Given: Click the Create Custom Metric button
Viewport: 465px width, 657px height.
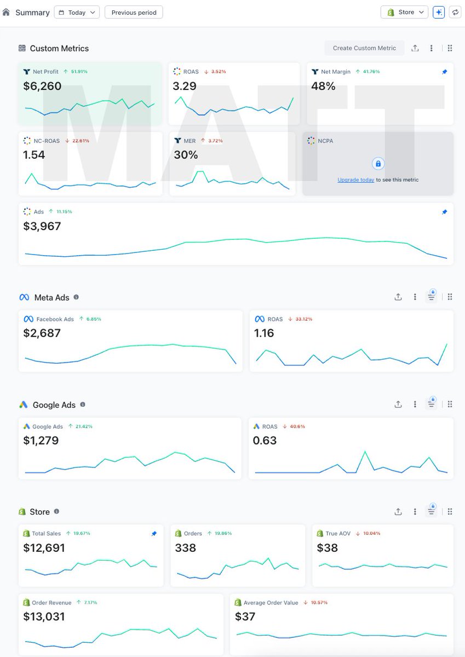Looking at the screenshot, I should click(x=364, y=48).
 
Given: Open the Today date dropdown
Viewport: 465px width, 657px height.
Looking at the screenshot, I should click(x=77, y=13).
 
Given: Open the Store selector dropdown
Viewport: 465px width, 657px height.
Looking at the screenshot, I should click(x=404, y=12).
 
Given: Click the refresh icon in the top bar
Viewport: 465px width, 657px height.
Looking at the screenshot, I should click(x=455, y=12).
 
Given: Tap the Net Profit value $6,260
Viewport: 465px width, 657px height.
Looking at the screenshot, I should click(x=42, y=86).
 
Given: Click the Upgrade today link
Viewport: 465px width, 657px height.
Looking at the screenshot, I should click(x=355, y=180).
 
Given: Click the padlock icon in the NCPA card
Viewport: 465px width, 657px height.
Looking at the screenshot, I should click(x=378, y=164).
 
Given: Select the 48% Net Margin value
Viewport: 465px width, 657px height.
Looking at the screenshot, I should click(x=323, y=86).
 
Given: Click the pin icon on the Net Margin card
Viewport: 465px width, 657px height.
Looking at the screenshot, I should click(x=444, y=72).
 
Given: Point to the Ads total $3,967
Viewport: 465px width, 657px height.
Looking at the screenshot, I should click(x=42, y=226).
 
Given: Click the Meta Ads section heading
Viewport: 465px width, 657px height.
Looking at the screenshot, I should click(x=51, y=297).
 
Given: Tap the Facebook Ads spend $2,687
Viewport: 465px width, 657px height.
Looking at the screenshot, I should click(x=42, y=333).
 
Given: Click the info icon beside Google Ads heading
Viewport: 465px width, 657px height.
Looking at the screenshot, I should click(x=83, y=405).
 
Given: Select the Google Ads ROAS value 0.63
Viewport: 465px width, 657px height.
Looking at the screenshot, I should click(x=265, y=440).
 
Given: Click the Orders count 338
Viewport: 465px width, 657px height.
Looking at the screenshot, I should click(x=186, y=547).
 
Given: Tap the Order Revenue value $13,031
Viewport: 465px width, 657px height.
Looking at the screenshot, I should click(x=44, y=616).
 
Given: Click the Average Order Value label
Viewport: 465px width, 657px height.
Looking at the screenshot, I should click(x=271, y=603).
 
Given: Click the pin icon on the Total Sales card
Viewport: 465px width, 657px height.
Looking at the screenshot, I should click(x=154, y=534).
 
